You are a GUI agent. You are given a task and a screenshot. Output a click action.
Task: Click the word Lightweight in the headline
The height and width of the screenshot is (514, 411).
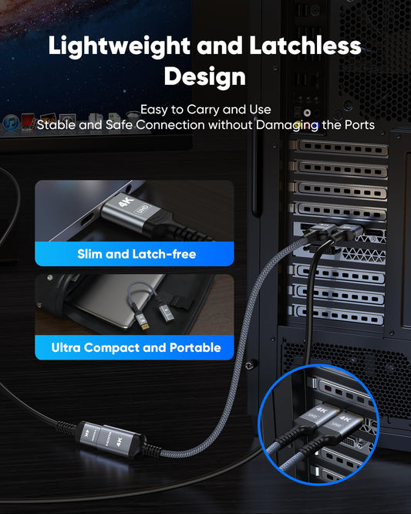[x=120, y=46]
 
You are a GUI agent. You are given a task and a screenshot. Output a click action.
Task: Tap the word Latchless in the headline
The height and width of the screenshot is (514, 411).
[x=305, y=45]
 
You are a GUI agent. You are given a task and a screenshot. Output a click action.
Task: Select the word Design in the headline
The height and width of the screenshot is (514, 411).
[x=205, y=77]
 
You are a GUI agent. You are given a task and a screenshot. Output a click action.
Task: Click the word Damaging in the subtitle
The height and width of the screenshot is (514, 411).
[x=287, y=125]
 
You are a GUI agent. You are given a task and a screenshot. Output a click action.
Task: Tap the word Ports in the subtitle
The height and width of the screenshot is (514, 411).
[x=359, y=125]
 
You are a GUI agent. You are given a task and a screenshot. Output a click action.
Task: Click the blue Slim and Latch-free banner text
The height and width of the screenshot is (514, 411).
[x=136, y=254]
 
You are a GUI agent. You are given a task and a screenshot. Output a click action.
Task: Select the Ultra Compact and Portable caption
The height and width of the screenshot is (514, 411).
[x=136, y=347]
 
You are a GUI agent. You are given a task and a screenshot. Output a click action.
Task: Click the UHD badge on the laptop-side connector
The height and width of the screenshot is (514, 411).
[x=143, y=210]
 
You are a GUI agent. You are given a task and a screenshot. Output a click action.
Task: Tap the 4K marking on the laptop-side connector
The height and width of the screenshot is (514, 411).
[x=126, y=202]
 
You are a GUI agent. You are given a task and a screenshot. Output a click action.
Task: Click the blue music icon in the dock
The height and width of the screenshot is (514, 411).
[x=11, y=123]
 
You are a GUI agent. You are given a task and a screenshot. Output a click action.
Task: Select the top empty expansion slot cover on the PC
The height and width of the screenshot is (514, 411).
[x=342, y=148]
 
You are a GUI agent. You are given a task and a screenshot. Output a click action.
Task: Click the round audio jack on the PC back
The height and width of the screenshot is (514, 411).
[x=307, y=113]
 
